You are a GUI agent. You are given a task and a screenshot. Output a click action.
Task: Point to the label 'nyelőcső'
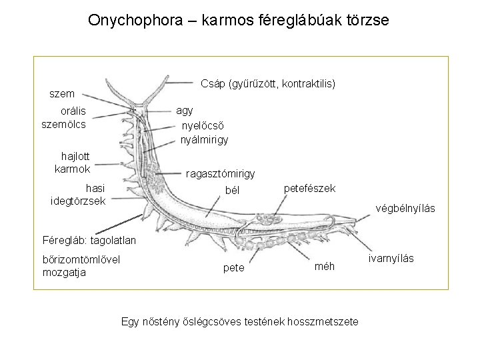[203, 125]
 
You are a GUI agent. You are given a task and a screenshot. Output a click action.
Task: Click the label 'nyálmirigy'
[205, 139]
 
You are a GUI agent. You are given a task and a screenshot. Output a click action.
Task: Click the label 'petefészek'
[310, 189]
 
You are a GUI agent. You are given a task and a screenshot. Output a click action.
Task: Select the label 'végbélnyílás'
[405, 209]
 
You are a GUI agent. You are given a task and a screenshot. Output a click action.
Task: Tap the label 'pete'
[233, 267]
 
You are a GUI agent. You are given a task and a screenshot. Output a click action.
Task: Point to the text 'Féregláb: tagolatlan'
[89, 239]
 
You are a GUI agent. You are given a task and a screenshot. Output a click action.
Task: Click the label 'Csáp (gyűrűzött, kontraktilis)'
[268, 84]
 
